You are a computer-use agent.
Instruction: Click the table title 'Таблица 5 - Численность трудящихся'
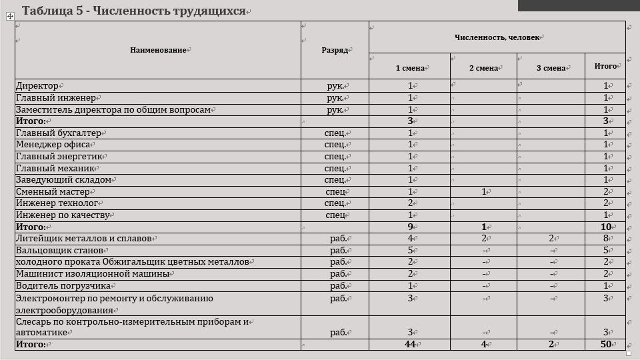[133, 11]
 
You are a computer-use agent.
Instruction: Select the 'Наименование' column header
[158, 50]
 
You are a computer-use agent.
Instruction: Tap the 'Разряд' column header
[334, 50]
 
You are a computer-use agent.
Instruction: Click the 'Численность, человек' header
[497, 37]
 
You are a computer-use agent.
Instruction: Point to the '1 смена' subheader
[410, 67]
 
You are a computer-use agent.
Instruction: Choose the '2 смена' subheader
[483, 67]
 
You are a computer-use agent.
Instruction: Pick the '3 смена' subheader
[551, 67]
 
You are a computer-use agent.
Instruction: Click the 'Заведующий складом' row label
[64, 180]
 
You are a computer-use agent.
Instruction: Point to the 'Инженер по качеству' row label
[61, 215]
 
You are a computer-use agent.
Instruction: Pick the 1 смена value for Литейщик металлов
[410, 239]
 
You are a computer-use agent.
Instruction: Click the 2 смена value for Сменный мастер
[483, 192]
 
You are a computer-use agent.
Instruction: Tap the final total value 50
[605, 345]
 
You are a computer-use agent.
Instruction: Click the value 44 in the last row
[410, 345]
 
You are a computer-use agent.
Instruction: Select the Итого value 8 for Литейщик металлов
[605, 239]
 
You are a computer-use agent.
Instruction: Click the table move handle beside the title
[10, 17]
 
